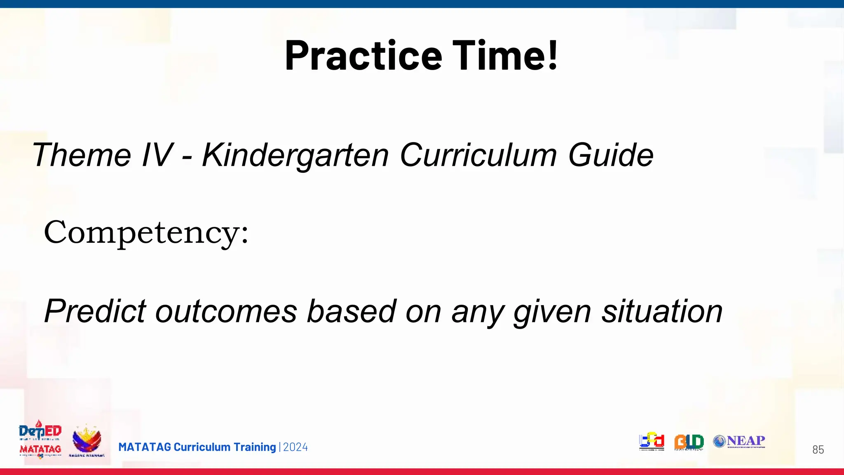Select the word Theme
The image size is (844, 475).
pos(81,155)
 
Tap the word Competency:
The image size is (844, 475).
pos(146,233)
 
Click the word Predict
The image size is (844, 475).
pos(95,311)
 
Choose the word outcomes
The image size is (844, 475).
pos(226,312)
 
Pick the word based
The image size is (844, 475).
pos(352,311)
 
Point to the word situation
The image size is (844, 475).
pos(662,311)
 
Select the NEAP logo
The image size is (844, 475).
pos(739,442)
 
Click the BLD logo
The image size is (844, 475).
pos(689,442)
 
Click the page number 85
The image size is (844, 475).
pos(818,449)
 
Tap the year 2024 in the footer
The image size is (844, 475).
pos(295,447)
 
